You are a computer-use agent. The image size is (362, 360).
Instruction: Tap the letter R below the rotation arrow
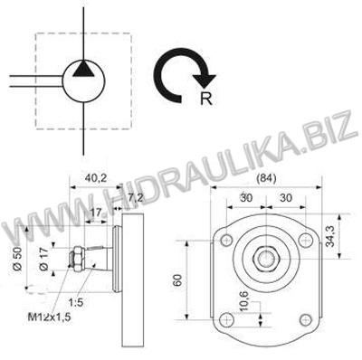206,99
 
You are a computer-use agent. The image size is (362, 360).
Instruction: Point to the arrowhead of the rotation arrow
205,81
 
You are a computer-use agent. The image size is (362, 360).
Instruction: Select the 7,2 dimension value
136,198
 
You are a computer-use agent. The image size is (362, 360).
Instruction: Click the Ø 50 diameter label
18,258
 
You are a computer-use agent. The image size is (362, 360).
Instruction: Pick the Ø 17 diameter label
43,259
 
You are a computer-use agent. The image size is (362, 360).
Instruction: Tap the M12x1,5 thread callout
50,317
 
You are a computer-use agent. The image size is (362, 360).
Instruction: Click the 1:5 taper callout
76,302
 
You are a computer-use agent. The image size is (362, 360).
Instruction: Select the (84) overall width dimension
266,178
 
